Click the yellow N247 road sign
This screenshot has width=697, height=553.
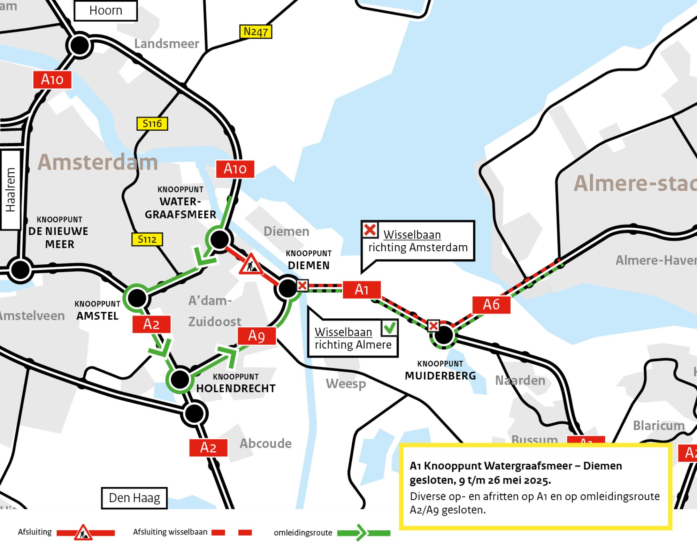(x=255, y=32)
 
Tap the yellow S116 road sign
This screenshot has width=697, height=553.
(x=152, y=123)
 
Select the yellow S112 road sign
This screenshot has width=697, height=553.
(x=147, y=239)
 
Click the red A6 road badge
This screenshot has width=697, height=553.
(x=491, y=305)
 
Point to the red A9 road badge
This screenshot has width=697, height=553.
(x=256, y=336)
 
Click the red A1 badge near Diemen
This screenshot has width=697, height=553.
(x=361, y=289)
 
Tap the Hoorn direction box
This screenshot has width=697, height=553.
(x=106, y=10)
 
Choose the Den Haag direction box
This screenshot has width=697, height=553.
(x=134, y=498)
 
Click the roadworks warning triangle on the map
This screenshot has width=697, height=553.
(x=251, y=265)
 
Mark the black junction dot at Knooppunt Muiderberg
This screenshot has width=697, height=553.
(x=443, y=335)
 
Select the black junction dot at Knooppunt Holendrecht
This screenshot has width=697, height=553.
(x=180, y=379)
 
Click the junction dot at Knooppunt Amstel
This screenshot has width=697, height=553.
(x=137, y=298)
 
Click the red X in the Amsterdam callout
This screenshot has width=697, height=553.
(x=370, y=230)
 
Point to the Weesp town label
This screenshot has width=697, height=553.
(x=346, y=384)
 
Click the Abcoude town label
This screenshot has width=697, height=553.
(x=266, y=444)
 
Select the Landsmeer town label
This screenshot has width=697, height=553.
(x=167, y=44)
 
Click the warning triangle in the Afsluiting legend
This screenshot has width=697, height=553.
(x=83, y=533)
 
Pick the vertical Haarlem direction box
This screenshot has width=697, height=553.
(x=10, y=190)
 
